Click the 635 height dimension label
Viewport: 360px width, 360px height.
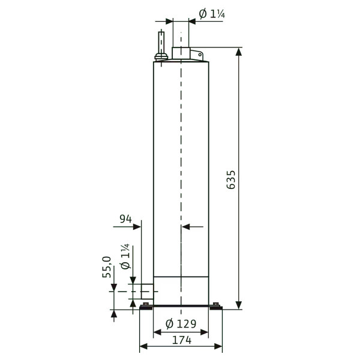point(231,179)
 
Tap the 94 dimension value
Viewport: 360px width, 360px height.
point(126,219)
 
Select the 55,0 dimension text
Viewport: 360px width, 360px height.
point(107,267)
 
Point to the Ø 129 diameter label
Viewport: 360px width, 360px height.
point(181,324)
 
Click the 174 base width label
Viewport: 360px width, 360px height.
point(182,340)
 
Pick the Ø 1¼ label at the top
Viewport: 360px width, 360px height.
point(212,14)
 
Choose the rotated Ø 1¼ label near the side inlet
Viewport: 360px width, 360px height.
point(125,256)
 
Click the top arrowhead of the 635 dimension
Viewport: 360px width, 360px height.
point(239,52)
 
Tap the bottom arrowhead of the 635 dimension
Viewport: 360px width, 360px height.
point(239,305)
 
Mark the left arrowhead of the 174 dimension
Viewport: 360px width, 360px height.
point(144,346)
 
